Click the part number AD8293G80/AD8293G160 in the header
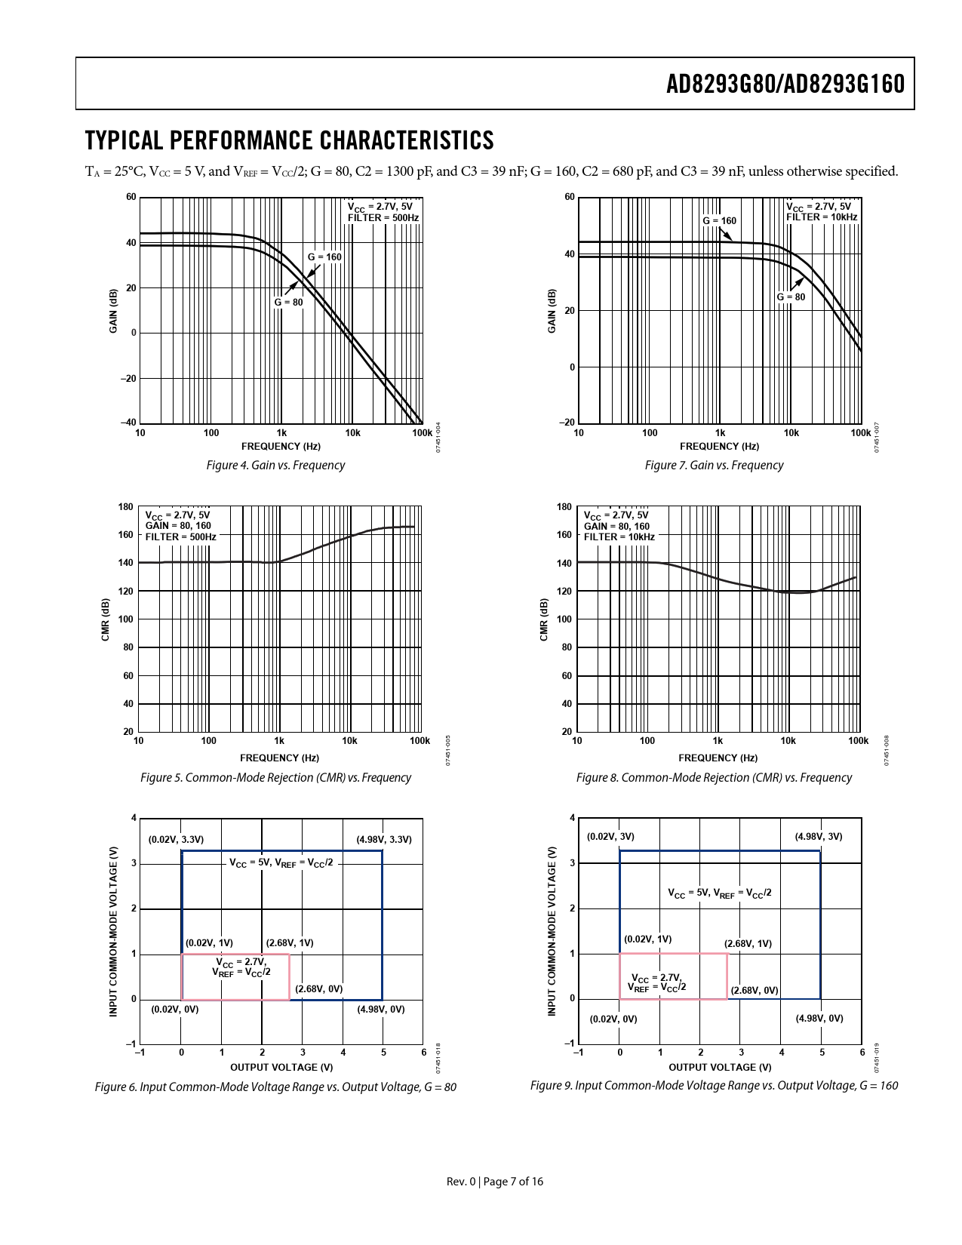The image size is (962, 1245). pyautogui.click(x=785, y=85)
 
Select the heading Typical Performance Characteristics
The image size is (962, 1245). pyautogui.click(x=289, y=141)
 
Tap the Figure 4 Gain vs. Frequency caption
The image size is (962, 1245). pyautogui.click(x=275, y=466)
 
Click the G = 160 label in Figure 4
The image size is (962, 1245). pyautogui.click(x=324, y=257)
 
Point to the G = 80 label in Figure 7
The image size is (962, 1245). pyautogui.click(x=791, y=297)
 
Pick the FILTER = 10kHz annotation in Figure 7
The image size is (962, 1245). pyautogui.click(x=822, y=217)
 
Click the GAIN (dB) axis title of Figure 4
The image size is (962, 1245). pyautogui.click(x=113, y=310)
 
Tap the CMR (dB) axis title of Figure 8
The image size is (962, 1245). pyautogui.click(x=544, y=619)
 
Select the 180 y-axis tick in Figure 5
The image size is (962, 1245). pyautogui.click(x=126, y=507)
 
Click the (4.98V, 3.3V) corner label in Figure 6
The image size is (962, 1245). pyautogui.click(x=384, y=840)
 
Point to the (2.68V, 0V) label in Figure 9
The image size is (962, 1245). pyautogui.click(x=755, y=991)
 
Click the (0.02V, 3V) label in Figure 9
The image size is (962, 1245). pyautogui.click(x=610, y=837)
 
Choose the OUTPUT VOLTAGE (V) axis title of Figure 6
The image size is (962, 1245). pyautogui.click(x=281, y=1068)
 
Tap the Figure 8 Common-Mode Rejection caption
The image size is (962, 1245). pyautogui.click(x=714, y=778)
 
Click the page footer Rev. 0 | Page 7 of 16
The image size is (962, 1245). pyautogui.click(x=494, y=1182)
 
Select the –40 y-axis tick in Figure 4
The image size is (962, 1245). pyautogui.click(x=128, y=423)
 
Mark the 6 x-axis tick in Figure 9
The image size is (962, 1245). pyautogui.click(x=862, y=1053)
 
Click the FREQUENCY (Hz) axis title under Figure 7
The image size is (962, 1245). pyautogui.click(x=719, y=447)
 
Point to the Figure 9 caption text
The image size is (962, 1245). pyautogui.click(x=714, y=1086)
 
